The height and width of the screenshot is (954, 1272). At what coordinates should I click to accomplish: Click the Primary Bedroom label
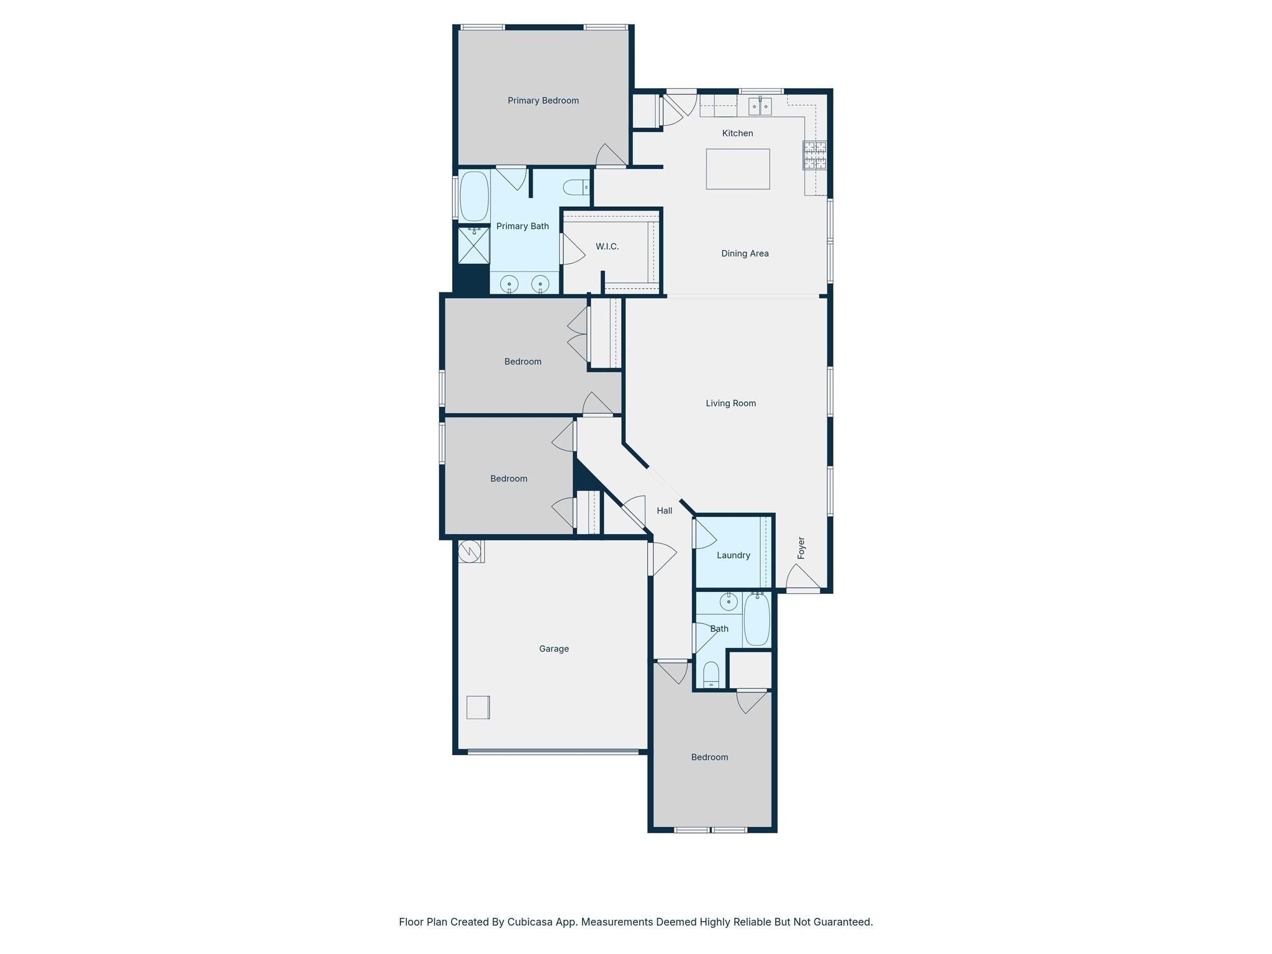coord(543,101)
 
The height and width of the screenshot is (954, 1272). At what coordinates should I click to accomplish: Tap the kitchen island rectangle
coord(737,169)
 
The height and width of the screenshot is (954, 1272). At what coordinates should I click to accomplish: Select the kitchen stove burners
coord(815,155)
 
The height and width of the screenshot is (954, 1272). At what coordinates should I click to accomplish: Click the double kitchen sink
coord(760,107)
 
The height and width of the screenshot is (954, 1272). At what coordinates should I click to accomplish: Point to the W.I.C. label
coord(607,247)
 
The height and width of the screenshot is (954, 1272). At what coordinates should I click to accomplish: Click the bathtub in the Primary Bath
coord(474,196)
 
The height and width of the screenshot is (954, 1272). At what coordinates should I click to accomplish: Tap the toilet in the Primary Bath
coord(576,187)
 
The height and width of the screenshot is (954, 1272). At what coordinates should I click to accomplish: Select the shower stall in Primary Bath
coord(474,246)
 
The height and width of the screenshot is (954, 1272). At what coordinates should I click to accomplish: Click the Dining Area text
coord(744,253)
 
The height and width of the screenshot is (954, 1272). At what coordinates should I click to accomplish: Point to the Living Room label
coord(730,403)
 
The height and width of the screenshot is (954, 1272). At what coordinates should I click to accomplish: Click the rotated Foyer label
coord(801,548)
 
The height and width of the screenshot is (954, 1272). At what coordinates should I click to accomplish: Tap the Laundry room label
coord(733,555)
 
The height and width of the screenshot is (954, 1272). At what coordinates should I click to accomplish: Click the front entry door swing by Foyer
coord(803,578)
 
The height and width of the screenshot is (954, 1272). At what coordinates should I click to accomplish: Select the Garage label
coord(553,648)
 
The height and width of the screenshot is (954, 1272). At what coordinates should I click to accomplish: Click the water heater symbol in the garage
coord(470,551)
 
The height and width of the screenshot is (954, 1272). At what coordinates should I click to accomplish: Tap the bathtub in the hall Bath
coord(756,619)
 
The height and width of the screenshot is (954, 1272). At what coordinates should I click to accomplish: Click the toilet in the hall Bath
coord(711,675)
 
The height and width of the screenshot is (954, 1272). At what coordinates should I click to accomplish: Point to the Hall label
coord(664,511)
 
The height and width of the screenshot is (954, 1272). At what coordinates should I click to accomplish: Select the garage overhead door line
coord(553,752)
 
